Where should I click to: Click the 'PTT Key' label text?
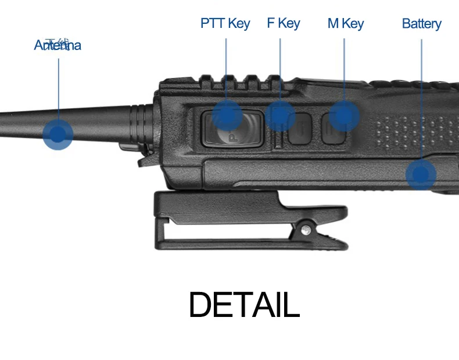coord(225,23)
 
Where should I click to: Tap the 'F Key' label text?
coord(283,23)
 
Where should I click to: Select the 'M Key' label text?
coord(345,23)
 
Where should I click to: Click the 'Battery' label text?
coord(421,24)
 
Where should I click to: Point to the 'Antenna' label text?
coord(58,45)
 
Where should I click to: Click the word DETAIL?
coord(244,304)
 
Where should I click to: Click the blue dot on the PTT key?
coord(227,115)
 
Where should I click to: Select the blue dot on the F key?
coord(281,115)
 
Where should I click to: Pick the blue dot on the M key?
coord(345,115)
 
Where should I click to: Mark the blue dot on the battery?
coord(421,174)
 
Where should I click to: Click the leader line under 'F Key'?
coord(280,70)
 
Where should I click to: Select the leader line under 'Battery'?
coord(421,99)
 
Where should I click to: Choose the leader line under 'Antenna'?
coord(58,87)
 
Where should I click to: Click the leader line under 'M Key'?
coord(344,70)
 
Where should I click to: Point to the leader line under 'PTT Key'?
coord(226,70)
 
